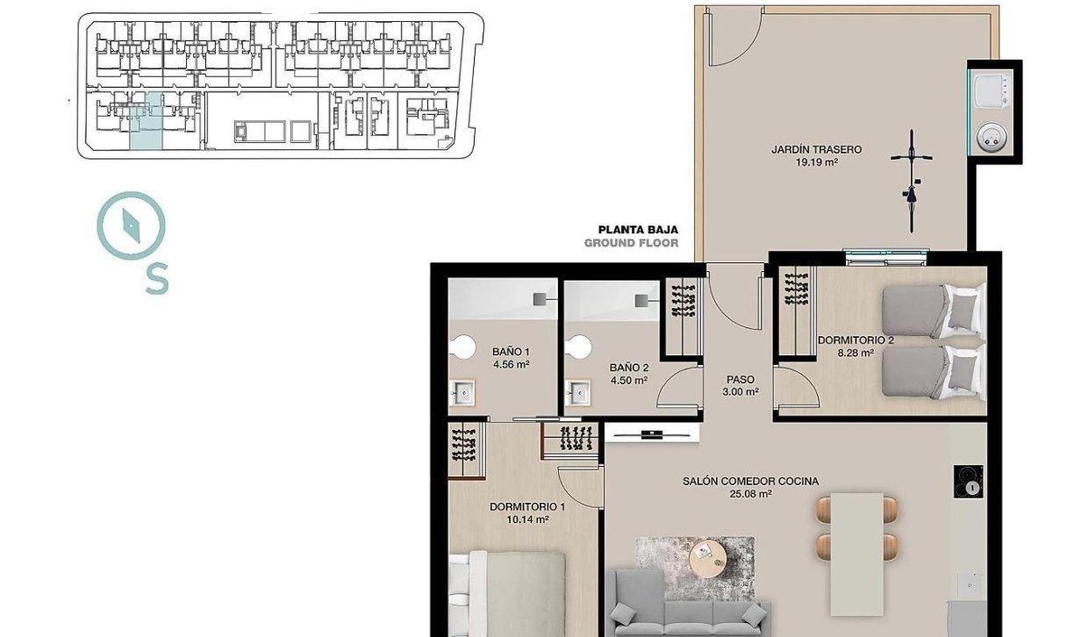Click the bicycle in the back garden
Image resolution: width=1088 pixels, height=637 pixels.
point(912,180)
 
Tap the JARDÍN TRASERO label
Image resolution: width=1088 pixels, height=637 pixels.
point(816,150)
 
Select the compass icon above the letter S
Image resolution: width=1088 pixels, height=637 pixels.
point(131,225)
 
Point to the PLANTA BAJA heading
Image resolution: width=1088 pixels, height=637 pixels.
point(638,230)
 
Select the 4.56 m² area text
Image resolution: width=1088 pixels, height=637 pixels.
point(511,364)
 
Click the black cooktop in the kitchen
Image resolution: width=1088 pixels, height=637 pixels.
point(970,482)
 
